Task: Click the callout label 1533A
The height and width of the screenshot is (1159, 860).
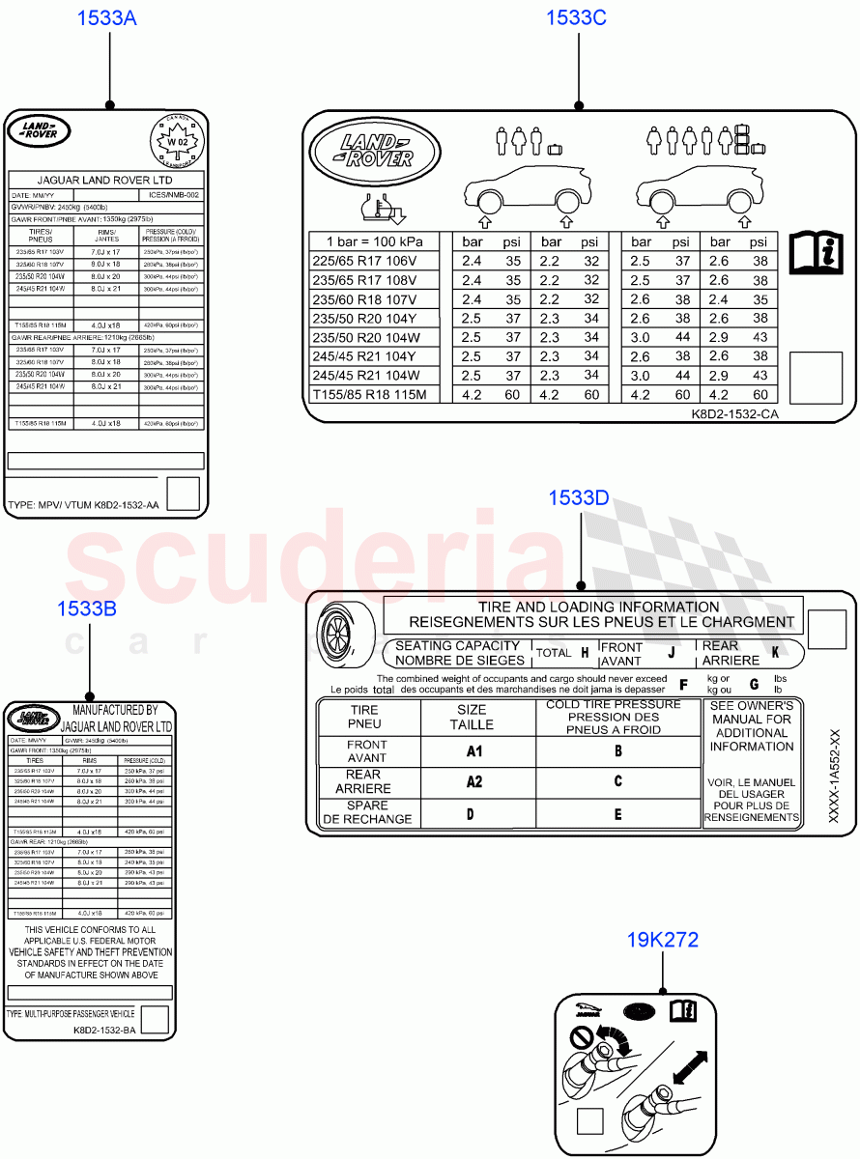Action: coord(109,18)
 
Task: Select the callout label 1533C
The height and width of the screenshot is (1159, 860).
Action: coord(576,17)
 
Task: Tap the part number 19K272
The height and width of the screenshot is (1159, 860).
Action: coord(662,940)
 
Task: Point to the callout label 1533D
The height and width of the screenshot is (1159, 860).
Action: coord(579,498)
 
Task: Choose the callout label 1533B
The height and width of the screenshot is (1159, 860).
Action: coord(87,608)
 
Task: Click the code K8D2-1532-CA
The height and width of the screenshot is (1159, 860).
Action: coord(734,413)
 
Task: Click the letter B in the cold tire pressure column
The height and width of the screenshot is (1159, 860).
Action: coord(618,750)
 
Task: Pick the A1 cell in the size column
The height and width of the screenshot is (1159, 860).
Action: coord(473,751)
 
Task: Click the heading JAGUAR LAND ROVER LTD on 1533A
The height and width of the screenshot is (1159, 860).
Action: coord(105,181)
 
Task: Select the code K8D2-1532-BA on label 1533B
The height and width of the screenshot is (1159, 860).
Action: coord(104,1031)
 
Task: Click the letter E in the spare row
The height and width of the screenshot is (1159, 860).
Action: coord(618,813)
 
